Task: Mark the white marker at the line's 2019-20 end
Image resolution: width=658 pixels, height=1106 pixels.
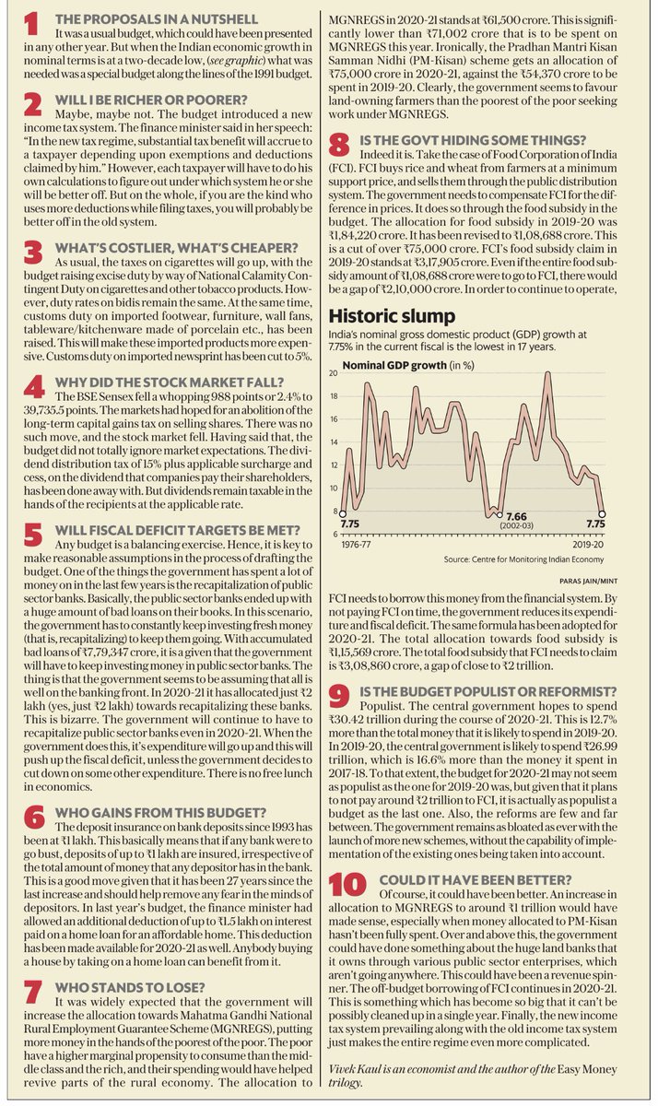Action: pyautogui.click(x=604, y=514)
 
